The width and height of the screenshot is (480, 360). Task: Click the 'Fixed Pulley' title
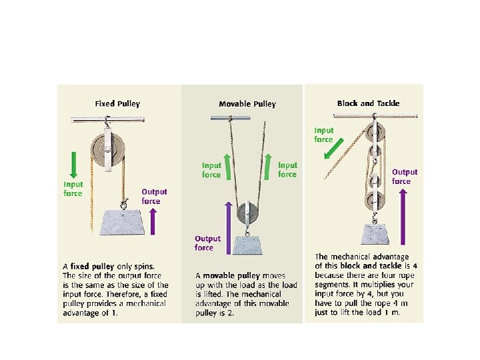click(117, 104)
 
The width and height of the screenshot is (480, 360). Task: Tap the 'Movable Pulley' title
click(247, 104)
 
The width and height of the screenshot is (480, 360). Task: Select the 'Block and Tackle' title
click(368, 103)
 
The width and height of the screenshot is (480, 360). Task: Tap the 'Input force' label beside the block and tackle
click(324, 135)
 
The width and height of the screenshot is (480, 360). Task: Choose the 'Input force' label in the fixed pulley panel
click(73, 189)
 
